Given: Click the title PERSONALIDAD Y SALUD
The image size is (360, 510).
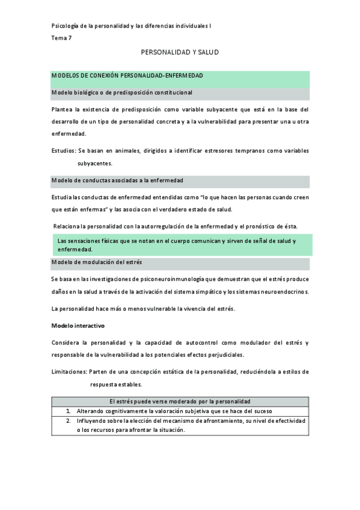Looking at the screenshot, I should pyautogui.click(x=180, y=53).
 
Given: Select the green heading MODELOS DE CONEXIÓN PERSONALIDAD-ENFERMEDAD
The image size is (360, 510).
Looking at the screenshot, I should pyautogui.click(x=127, y=76).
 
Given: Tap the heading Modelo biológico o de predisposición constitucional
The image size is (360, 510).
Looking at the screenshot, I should pyautogui.click(x=122, y=93).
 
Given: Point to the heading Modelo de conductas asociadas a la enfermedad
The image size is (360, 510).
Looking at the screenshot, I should pyautogui.click(x=118, y=180).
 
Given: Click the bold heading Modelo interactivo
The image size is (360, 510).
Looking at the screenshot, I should pyautogui.click(x=79, y=325).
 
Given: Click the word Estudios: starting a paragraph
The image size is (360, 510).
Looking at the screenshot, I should pyautogui.click(x=64, y=150).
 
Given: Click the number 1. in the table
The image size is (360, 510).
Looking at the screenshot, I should pyautogui.click(x=69, y=411).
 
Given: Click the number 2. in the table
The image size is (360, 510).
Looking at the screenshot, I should pyautogui.click(x=69, y=420).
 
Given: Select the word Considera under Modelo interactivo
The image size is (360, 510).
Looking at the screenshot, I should pyautogui.click(x=67, y=342).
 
